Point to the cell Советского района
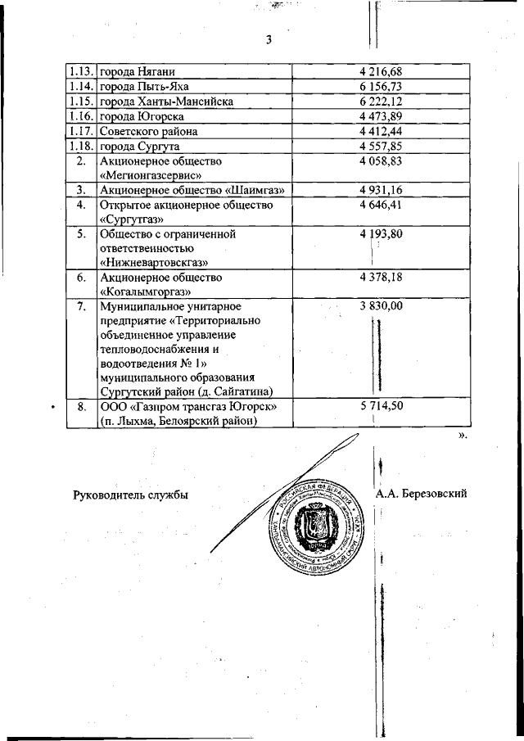tap(148, 131)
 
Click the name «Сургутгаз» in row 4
tap(132, 219)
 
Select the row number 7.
tap(80, 306)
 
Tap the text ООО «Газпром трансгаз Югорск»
tap(193, 407)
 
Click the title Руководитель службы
tap(130, 495)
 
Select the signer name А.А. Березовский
tap(422, 494)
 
